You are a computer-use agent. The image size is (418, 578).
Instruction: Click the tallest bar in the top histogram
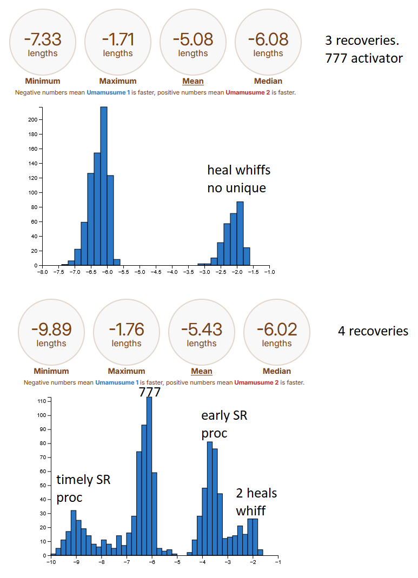pyautogui.click(x=104, y=186)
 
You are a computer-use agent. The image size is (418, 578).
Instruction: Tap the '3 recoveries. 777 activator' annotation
pyautogui.click(x=363, y=49)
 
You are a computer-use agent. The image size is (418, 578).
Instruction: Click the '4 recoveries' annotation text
pyautogui.click(x=373, y=331)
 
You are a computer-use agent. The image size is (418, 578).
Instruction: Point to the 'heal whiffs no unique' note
pyautogui.click(x=238, y=179)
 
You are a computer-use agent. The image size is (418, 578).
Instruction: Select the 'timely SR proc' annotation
pyautogui.click(x=83, y=488)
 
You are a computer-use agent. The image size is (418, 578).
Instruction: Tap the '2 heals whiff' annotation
pyautogui.click(x=256, y=501)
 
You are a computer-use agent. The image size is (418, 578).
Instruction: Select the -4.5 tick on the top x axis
pyautogui.click(x=156, y=272)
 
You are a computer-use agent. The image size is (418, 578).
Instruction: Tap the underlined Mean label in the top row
pyautogui.click(x=193, y=81)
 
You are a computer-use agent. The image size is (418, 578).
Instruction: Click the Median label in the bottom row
pyautogui.click(x=277, y=371)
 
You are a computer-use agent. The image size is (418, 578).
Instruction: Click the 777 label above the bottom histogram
pyautogui.click(x=150, y=392)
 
